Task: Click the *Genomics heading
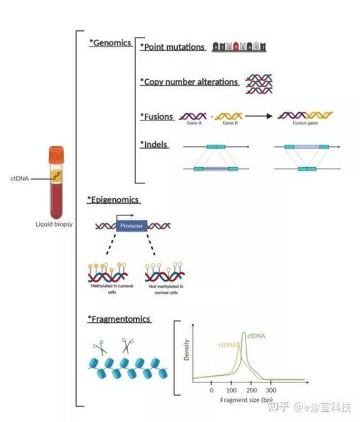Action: (x=110, y=43)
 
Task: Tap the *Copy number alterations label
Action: (x=189, y=82)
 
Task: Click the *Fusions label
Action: (x=156, y=116)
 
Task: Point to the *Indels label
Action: (x=154, y=144)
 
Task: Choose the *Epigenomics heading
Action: (x=113, y=199)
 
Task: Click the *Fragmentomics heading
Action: (x=119, y=319)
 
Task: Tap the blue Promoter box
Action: (x=132, y=226)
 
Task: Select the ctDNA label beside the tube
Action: (x=19, y=179)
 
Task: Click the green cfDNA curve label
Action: (x=256, y=336)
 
